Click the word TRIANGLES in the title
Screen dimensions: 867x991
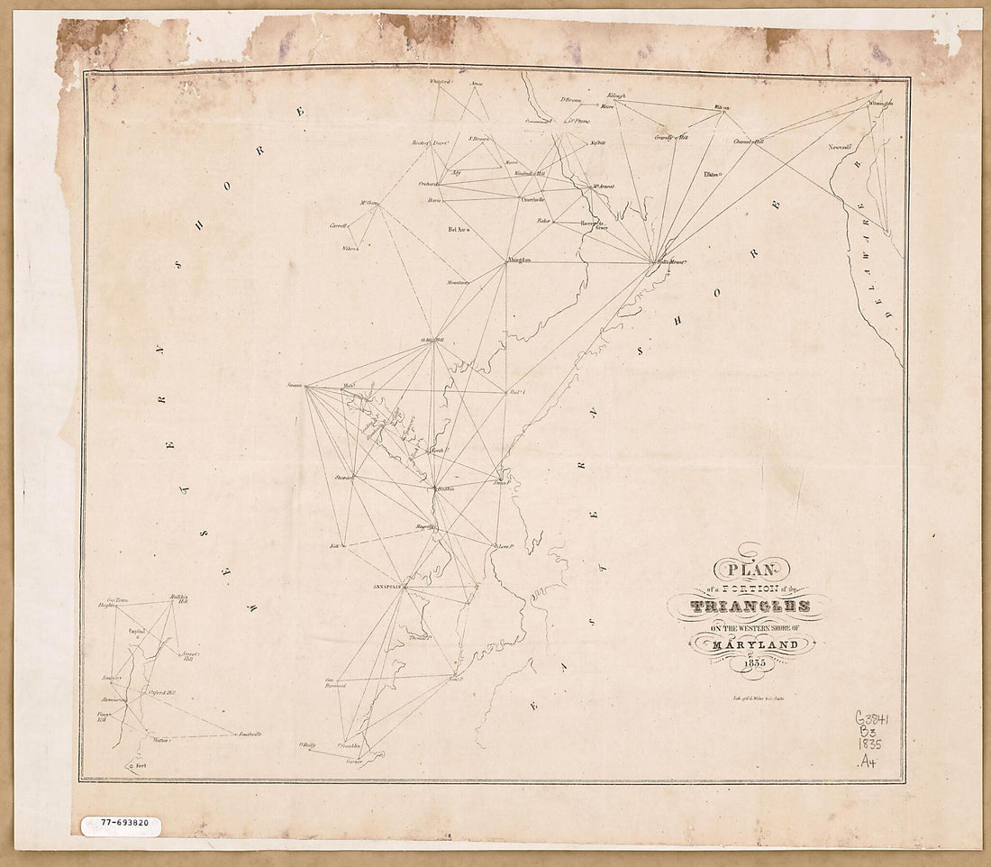pyautogui.click(x=750, y=607)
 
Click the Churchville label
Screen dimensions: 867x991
pyautogui.click(x=532, y=199)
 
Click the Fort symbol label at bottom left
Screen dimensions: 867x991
pyautogui.click(x=140, y=765)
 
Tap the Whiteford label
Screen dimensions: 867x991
pyautogui.click(x=440, y=82)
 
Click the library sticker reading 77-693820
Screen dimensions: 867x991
pyautogui.click(x=119, y=823)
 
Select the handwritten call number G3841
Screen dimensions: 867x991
pyautogui.click(x=871, y=718)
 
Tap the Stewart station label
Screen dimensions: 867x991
pyautogui.click(x=342, y=477)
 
